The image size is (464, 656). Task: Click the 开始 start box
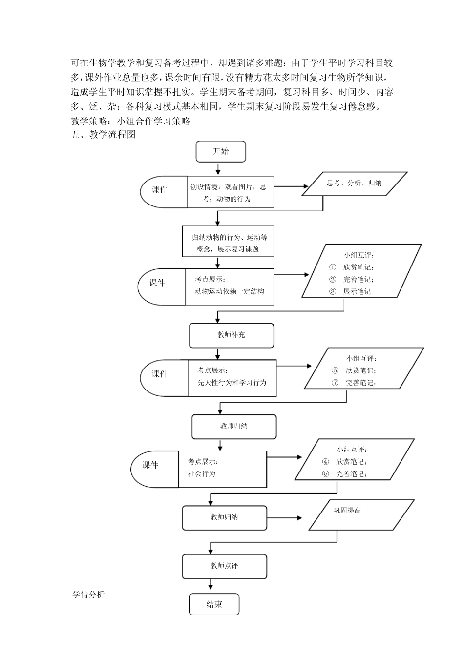pos(221,151)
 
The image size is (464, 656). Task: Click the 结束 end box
pos(214,604)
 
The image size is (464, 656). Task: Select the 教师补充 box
pos(232,335)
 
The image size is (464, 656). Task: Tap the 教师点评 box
pos(225,566)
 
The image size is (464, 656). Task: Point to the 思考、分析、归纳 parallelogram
pos(355,184)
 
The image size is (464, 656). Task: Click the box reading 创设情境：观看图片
pos(230,192)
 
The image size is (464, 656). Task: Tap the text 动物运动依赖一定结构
pos(229,291)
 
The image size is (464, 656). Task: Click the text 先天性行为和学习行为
pos(232,383)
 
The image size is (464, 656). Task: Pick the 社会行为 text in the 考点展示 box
pos(201,473)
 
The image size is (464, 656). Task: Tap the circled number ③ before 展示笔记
pos(333,291)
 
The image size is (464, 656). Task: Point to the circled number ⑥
pos(335,370)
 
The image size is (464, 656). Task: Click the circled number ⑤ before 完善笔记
pos(325,473)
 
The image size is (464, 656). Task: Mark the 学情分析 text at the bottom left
pos(88,594)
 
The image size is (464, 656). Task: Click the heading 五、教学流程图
pos(103,135)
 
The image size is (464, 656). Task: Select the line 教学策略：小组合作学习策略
pos(130,121)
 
